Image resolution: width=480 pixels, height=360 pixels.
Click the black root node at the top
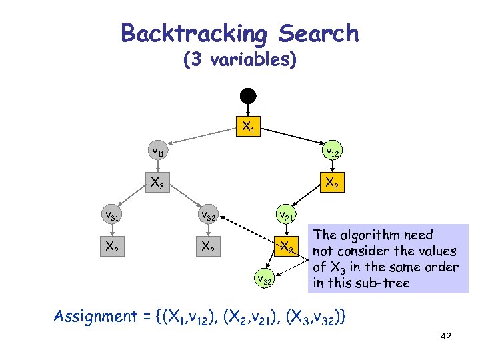(248, 95)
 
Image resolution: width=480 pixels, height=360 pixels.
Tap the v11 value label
(158, 152)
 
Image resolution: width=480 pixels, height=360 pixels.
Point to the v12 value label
(331, 152)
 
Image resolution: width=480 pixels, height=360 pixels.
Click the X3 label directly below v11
(158, 182)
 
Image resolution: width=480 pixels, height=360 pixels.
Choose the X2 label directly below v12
(331, 182)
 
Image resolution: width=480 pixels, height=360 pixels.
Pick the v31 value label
(111, 215)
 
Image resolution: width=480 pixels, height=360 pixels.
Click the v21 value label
(287, 215)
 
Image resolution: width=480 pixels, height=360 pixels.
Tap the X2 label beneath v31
(111, 247)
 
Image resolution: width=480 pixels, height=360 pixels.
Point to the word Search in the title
(319, 33)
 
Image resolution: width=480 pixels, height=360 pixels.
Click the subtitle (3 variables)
(239, 60)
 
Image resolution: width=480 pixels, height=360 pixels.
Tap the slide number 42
(446, 336)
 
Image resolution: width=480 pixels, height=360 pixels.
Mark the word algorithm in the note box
(373, 235)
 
